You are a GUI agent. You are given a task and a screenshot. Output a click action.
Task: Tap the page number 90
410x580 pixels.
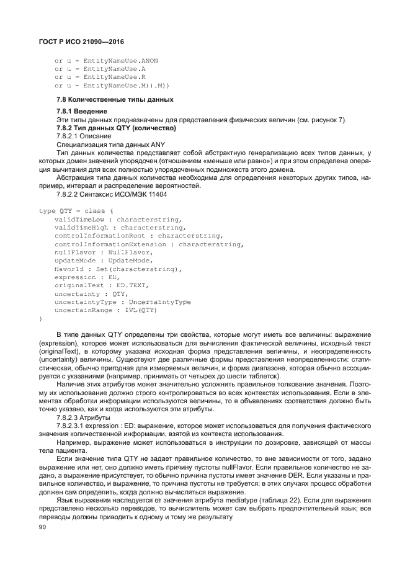point(43,527)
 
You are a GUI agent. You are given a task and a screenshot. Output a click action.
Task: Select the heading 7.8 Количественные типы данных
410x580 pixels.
point(115,99)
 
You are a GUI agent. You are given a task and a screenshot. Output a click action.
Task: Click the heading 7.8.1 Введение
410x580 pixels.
point(82,111)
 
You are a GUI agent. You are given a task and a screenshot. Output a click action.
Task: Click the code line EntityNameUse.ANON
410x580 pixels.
point(106,61)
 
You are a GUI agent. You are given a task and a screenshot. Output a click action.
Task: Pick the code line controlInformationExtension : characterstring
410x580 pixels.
point(148,244)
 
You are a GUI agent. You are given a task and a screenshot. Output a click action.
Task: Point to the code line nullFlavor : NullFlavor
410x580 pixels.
point(102,252)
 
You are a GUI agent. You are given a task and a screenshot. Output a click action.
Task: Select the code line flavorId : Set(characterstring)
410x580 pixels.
point(118,269)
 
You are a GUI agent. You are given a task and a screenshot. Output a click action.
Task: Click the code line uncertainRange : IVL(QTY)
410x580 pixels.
point(105,309)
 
